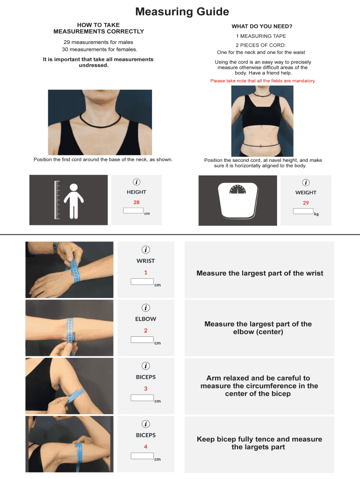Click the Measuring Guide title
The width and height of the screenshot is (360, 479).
coord(182,12)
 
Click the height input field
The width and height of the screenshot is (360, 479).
coord(133,210)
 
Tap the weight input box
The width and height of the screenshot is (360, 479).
coord(303,211)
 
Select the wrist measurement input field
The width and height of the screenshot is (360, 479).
coord(142,282)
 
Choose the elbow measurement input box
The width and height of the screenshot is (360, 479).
coord(142,340)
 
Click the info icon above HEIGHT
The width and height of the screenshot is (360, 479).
coord(137,182)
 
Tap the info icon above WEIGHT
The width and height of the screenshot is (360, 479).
coord(306,183)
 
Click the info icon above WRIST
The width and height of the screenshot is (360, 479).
coord(146,250)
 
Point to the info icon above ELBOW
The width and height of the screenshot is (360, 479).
coord(146,308)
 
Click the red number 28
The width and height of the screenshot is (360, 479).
coord(137,202)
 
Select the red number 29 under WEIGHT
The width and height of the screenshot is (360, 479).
coord(306,203)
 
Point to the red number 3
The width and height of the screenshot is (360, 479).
coord(146,389)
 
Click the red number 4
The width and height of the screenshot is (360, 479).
coord(146,447)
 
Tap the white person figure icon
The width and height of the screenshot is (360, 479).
coord(73,201)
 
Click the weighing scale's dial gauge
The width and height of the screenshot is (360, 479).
coord(238,189)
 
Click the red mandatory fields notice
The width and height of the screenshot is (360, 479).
coord(263,80)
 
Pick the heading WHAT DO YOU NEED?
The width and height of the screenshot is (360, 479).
coord(262,26)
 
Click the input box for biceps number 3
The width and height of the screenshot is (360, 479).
coord(142,398)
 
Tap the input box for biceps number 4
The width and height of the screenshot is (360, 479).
coord(142,456)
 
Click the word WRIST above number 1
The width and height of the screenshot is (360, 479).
coord(146,261)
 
